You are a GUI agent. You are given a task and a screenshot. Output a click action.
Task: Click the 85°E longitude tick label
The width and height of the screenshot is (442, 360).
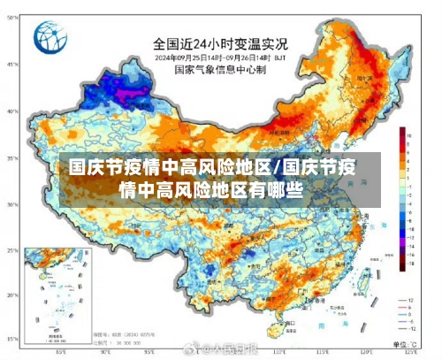(60, 353)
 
